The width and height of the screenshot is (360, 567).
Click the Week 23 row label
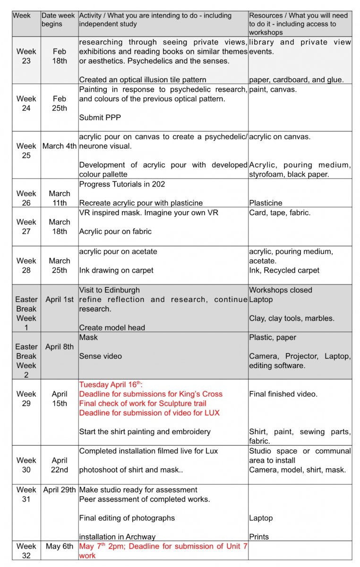click(x=26, y=56)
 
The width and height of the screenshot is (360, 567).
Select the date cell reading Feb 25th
click(x=60, y=103)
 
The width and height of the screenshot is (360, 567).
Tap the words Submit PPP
click(x=98, y=118)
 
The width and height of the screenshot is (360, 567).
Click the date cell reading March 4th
click(x=60, y=146)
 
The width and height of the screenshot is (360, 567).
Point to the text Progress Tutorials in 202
click(x=122, y=184)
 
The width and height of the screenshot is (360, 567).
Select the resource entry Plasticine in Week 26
click(x=266, y=203)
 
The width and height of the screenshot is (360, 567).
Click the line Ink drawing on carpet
click(x=116, y=271)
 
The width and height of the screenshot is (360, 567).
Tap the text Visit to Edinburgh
click(x=110, y=290)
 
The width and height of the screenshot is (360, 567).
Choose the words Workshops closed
click(x=281, y=290)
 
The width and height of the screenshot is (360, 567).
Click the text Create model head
click(x=112, y=328)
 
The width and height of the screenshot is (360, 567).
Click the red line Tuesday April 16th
click(x=114, y=385)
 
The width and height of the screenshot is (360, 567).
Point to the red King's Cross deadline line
click(x=151, y=394)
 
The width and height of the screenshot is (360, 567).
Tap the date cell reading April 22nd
click(x=60, y=465)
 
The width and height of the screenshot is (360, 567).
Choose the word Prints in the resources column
click(x=259, y=537)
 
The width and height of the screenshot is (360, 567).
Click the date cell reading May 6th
click(x=60, y=546)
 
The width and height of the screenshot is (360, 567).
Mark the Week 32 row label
click(x=26, y=551)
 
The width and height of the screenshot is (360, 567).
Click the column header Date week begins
click(x=58, y=20)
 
